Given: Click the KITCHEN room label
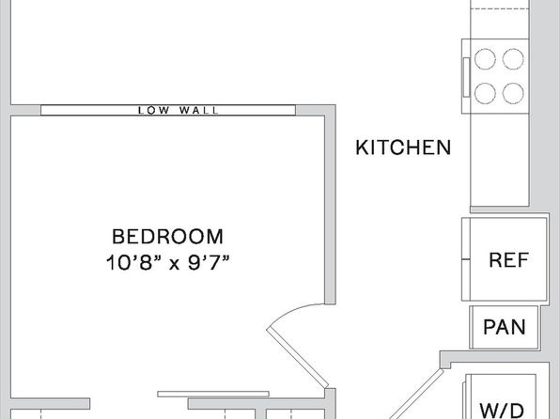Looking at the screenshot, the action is pos(403,147).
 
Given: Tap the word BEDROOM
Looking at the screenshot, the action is pos(168,237).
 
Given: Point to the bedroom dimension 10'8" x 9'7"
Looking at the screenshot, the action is pos(167,263).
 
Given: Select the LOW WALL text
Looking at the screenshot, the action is pos(178,110).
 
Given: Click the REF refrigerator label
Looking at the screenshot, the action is pos(508,259).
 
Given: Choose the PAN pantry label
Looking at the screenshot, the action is pos(505,327).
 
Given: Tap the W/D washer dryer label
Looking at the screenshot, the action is pos(502,411).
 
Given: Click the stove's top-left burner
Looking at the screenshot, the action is pos(485,59).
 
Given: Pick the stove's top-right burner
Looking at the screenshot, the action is pos(513,59).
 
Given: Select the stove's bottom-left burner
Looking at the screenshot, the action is pos(485,93).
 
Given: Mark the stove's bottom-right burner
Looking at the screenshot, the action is pos(513,93).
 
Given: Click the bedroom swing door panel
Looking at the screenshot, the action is pos(298,358).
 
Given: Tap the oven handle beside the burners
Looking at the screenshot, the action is pos(466,77).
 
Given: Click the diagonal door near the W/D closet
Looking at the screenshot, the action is pos(416,394).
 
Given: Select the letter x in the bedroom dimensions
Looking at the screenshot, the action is pos(174,265).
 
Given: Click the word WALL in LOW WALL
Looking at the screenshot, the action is pos(198,110).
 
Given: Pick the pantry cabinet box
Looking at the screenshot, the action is pos(504,327).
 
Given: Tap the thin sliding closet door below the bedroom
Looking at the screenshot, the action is pos(213,394).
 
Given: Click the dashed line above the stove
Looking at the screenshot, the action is pos(500,9).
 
